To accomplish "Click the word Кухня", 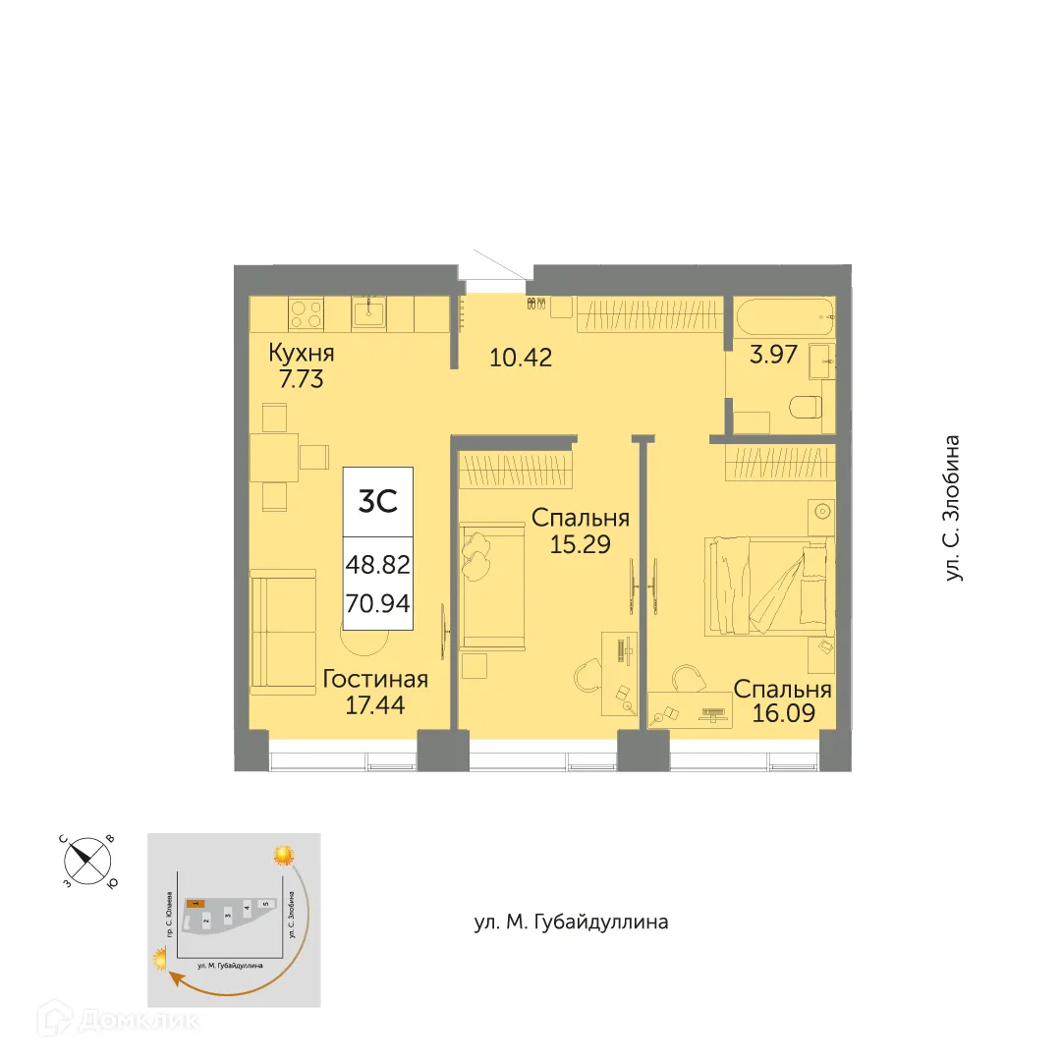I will point(307,354).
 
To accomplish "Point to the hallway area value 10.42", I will point(521,358).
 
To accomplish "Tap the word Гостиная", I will point(374,679).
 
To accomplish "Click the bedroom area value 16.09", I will point(782,712).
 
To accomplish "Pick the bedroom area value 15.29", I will point(580,543).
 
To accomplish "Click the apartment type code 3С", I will point(377,502).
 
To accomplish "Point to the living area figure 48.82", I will point(377,566).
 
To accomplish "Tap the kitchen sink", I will point(369,313).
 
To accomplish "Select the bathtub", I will point(785,315).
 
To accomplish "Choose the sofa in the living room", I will point(283,634).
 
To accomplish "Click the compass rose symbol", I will point(87,862).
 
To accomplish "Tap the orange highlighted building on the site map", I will point(196,901).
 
